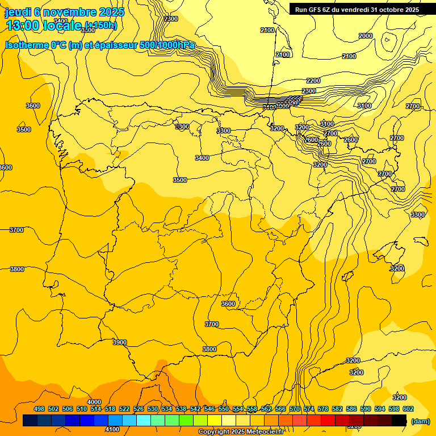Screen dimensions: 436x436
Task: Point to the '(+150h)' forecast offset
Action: point(100,26)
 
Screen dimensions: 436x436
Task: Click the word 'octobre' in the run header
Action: point(387,9)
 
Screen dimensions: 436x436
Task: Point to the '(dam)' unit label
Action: point(420,421)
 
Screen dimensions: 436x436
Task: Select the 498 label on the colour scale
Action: point(39,409)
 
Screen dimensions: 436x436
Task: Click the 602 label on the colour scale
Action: point(408,409)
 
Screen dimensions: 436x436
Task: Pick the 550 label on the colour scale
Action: point(224,409)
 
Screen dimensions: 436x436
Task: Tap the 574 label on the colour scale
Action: point(309,409)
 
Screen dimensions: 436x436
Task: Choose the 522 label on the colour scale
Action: point(124,409)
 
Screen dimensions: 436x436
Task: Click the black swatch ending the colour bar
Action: point(400,420)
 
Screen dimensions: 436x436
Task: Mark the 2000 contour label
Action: point(366,36)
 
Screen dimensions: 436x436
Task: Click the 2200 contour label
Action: point(313,81)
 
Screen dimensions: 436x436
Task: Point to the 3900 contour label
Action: point(120,342)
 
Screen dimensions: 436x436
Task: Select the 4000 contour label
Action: point(94,402)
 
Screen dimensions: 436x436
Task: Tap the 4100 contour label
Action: point(112,430)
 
